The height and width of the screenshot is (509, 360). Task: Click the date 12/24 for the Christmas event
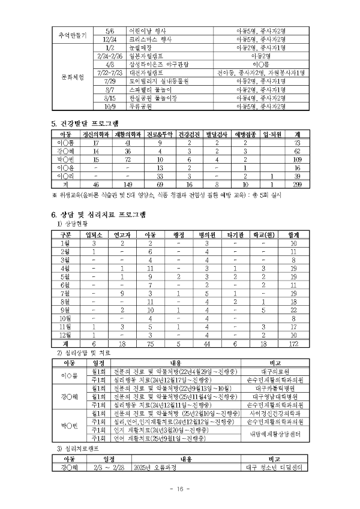click(110, 39)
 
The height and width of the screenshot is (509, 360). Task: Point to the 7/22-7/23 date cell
click(110, 73)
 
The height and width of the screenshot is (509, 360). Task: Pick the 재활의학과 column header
click(128, 135)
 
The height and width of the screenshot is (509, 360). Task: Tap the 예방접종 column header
click(245, 135)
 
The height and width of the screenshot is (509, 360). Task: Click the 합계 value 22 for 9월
click(293, 310)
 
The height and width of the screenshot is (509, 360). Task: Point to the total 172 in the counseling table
click(293, 344)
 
